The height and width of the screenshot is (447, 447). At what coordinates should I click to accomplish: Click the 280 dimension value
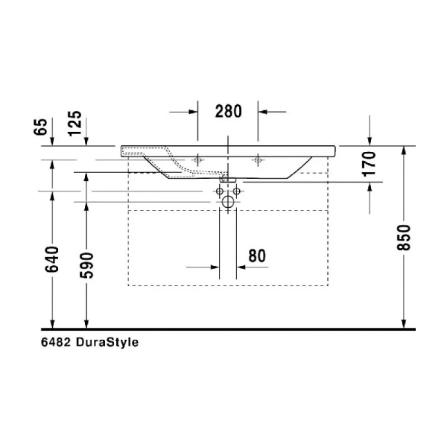point(228,112)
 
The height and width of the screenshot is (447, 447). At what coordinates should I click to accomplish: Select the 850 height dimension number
point(404,237)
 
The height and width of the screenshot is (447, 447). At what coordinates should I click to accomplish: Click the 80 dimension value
point(256,255)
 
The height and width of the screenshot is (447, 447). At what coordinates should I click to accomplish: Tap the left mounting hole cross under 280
point(198,159)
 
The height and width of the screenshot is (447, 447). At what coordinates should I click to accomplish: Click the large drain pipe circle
point(228,202)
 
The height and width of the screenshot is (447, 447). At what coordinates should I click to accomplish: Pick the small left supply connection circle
point(220,191)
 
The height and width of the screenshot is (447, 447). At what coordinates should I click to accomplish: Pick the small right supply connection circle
point(236,191)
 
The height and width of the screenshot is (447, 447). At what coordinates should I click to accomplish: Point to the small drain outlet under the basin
point(228,179)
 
